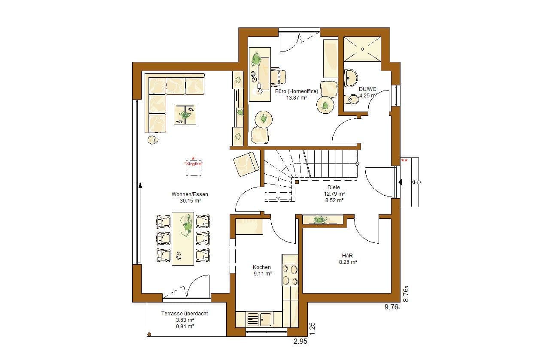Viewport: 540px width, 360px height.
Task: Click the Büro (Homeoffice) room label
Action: coord(297,91)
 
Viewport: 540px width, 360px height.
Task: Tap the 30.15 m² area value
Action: coord(190,201)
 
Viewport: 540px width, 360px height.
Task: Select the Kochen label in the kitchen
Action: coord(261,267)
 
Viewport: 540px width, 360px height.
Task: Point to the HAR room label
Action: coord(347,255)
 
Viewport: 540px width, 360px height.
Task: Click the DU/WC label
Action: coord(367,89)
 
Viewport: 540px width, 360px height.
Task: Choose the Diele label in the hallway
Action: coord(334,187)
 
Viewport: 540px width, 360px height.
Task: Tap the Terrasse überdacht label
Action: coord(185,314)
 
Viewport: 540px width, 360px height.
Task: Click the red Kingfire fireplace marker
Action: coord(193,164)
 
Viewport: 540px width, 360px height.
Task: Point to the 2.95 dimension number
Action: coord(300,341)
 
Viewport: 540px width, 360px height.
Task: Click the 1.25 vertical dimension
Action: coord(312,329)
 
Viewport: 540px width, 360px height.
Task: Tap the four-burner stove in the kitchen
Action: coord(290,275)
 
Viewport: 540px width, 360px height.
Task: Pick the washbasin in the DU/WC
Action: coord(350,78)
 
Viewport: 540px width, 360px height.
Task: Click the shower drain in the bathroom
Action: coord(362,49)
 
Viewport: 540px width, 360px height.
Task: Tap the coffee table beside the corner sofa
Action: coord(185,114)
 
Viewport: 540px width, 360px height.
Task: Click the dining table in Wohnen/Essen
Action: coord(183,239)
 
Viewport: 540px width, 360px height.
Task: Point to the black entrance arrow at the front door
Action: coord(400,182)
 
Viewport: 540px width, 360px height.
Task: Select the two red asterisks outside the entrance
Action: coord(404,160)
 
